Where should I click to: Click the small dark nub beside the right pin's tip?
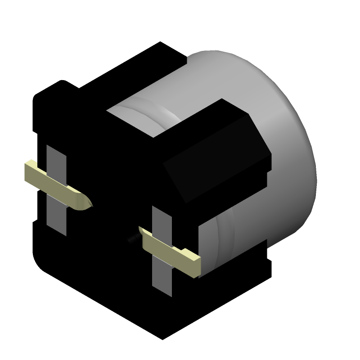(x=132, y=239)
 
